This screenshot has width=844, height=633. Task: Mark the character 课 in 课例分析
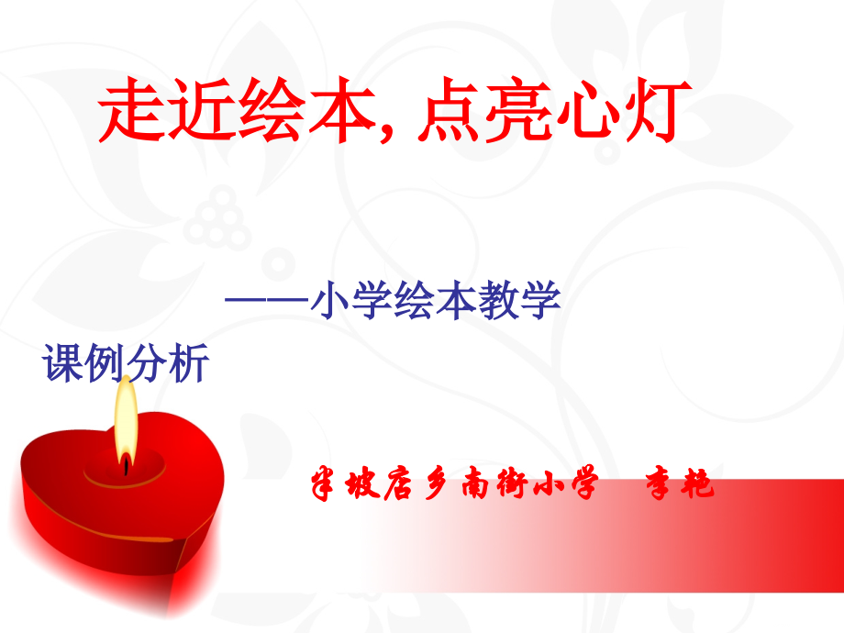pos(64,364)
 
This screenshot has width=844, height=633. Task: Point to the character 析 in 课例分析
pos(188,364)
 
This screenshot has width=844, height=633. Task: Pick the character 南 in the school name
pos(476,484)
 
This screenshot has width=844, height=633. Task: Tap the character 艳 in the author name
pos(697,484)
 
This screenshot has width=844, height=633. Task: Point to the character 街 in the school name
pos(513,484)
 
